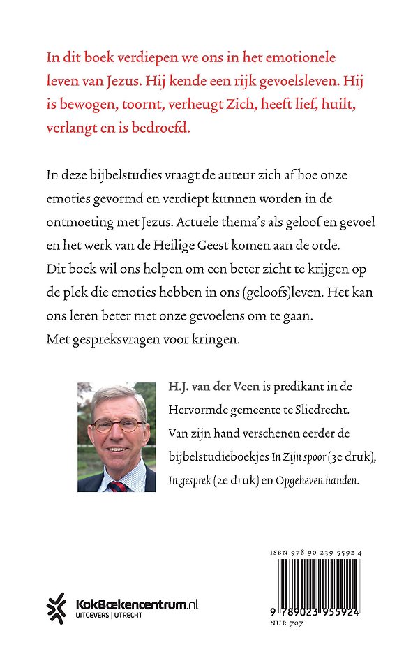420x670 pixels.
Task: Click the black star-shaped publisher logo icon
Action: tap(57, 607)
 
